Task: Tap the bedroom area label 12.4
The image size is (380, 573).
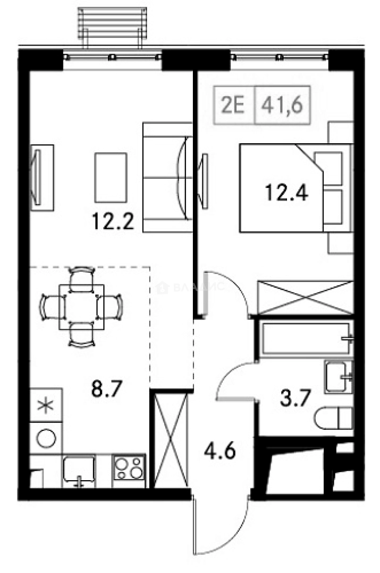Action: pyautogui.click(x=286, y=192)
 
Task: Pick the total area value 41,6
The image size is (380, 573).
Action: pyautogui.click(x=282, y=105)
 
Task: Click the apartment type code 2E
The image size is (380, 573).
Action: pyautogui.click(x=234, y=105)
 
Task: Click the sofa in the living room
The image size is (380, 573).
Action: pyautogui.click(x=166, y=178)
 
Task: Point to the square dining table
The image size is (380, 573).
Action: pyautogui.click(x=81, y=306)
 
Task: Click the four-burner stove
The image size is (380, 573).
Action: pyautogui.click(x=129, y=470)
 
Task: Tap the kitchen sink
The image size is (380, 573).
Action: pyautogui.click(x=79, y=470)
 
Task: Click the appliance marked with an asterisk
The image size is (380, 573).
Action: pyautogui.click(x=46, y=406)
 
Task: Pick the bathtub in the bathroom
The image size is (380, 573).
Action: pyautogui.click(x=306, y=338)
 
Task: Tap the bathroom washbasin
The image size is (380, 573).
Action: pyautogui.click(x=339, y=376)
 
